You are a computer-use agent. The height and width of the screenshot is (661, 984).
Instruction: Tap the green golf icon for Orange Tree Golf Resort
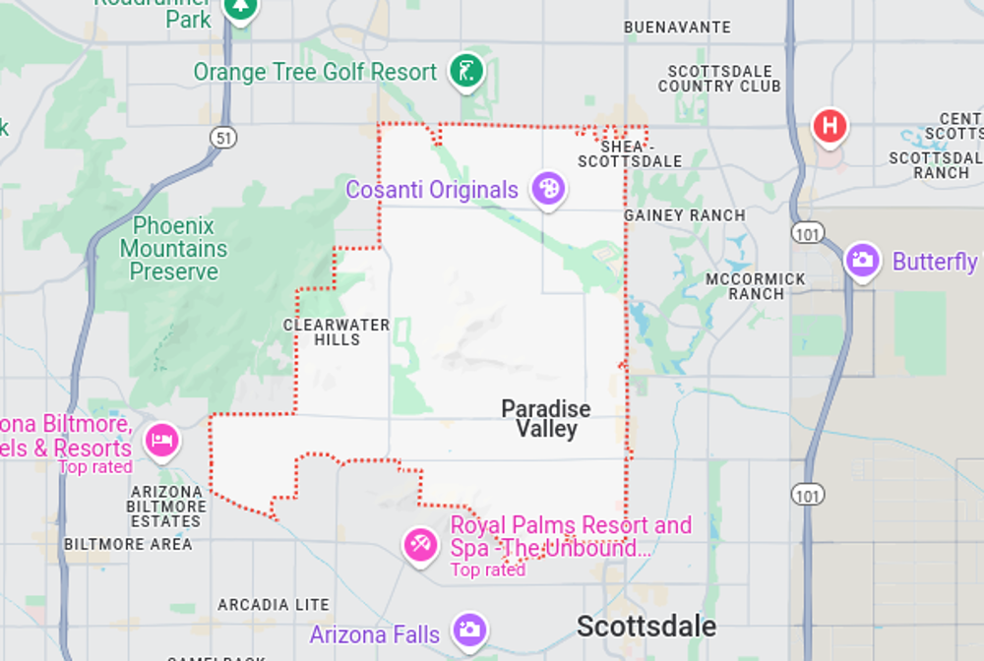[466, 71]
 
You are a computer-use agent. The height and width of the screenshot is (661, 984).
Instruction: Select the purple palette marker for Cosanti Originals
[548, 188]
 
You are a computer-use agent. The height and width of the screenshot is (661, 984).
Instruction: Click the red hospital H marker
[830, 126]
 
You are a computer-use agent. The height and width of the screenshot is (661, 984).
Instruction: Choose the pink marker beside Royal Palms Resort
[421, 543]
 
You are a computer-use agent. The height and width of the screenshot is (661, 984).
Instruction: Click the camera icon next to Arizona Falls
[468, 630]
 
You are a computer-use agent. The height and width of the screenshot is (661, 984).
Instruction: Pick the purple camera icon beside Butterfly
[863, 261]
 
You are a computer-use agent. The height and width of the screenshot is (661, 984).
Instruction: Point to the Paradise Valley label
[546, 418]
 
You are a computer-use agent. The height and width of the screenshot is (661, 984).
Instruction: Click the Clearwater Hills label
[337, 332]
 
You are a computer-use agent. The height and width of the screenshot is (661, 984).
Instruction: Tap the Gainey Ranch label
[685, 215]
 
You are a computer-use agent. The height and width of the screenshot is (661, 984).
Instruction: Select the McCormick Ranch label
[756, 286]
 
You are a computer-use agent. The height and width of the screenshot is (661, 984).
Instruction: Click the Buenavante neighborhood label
[678, 28]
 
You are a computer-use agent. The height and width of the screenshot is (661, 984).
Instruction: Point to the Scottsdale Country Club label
[719, 79]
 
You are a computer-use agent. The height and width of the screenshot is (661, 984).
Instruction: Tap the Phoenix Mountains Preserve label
[174, 249]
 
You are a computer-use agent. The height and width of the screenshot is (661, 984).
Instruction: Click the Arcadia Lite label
[274, 605]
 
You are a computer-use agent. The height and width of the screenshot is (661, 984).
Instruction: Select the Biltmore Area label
[129, 544]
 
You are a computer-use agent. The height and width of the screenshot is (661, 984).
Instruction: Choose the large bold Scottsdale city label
[646, 627]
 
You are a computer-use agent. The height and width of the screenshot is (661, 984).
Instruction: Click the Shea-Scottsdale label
[630, 153]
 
